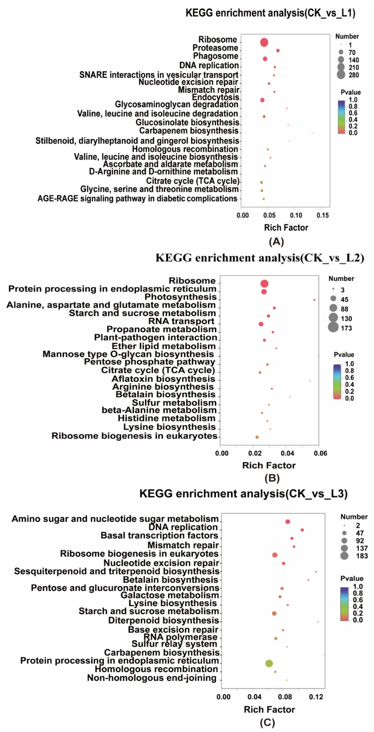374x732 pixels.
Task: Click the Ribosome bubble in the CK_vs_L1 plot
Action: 264,42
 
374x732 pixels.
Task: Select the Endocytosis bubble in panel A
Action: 262,100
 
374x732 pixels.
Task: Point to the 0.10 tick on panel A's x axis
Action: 296,215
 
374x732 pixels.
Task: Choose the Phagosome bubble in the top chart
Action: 265,59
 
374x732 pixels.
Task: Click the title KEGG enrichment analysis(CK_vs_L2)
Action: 259,258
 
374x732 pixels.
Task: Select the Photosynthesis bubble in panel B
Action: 314,300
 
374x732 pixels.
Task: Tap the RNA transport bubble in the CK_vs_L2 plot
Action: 261,324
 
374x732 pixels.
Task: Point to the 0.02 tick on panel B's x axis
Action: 255,453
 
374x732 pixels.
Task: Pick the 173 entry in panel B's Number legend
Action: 333,328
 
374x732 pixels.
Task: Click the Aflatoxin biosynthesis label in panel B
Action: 163,379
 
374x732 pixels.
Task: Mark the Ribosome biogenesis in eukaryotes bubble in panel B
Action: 257,437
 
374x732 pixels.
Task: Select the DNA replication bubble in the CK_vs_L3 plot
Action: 302,530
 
